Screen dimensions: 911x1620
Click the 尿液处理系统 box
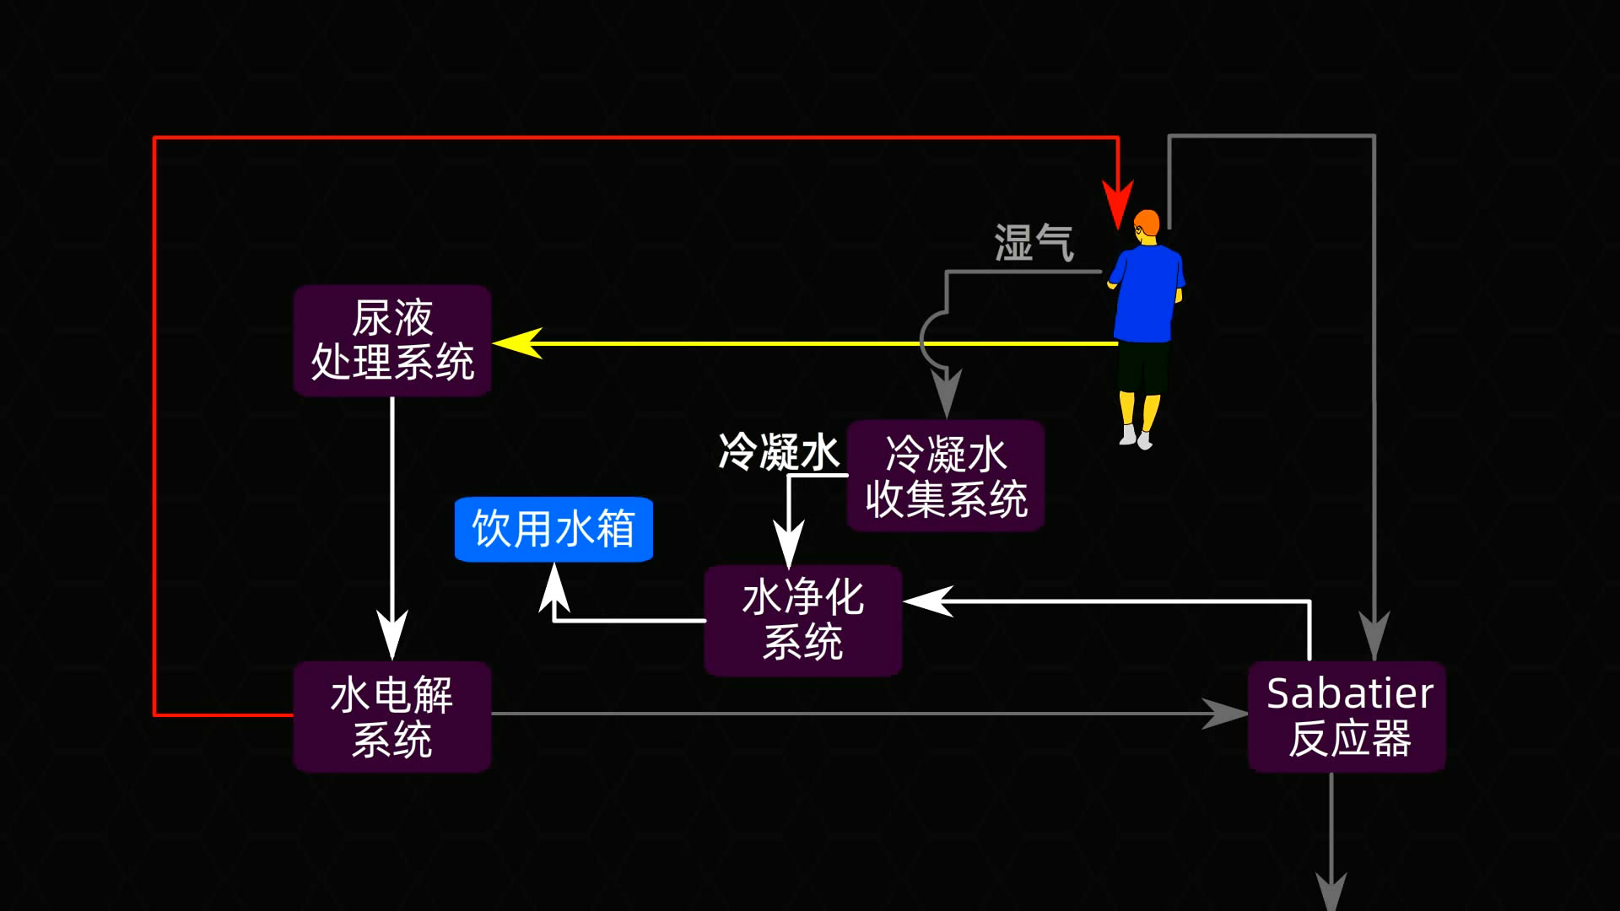pyautogui.click(x=392, y=341)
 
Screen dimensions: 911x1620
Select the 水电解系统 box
pyautogui.click(x=392, y=717)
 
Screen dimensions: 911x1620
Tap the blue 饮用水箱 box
pyautogui.click(x=553, y=529)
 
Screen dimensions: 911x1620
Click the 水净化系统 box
pyautogui.click(x=802, y=620)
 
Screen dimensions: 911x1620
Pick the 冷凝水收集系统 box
pyautogui.click(x=946, y=477)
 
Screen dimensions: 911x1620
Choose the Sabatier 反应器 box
pyautogui.click(x=1347, y=717)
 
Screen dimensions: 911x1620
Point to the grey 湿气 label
pyautogui.click(x=1034, y=243)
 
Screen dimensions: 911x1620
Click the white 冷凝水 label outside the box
pyautogui.click(x=778, y=452)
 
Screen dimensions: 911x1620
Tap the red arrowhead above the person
pyautogui.click(x=1118, y=205)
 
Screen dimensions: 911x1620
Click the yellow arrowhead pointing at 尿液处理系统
pyautogui.click(x=516, y=343)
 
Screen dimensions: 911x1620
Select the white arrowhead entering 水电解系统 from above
pyautogui.click(x=392, y=637)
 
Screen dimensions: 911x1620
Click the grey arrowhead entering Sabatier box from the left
pyautogui.click(x=1225, y=714)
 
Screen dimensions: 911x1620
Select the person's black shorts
pyautogui.click(x=1143, y=367)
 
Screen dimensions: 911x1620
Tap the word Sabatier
pyautogui.click(x=1349, y=694)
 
